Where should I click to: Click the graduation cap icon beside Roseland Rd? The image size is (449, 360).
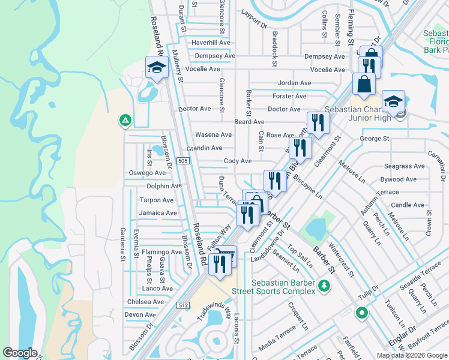(156, 67)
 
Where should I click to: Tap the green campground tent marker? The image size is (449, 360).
(125, 121)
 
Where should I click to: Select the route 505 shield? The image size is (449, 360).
(184, 161)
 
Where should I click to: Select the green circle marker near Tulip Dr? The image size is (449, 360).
(361, 313)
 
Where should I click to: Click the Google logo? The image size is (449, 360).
(20, 352)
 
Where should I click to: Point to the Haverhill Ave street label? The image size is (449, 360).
(211, 43)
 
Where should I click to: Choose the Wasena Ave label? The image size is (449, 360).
(212, 135)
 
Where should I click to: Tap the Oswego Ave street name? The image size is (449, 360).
(147, 173)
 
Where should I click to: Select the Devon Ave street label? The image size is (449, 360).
(140, 314)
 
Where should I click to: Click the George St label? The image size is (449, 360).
(375, 139)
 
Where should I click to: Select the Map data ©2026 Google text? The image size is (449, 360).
(412, 355)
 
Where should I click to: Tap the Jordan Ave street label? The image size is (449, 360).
(294, 83)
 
